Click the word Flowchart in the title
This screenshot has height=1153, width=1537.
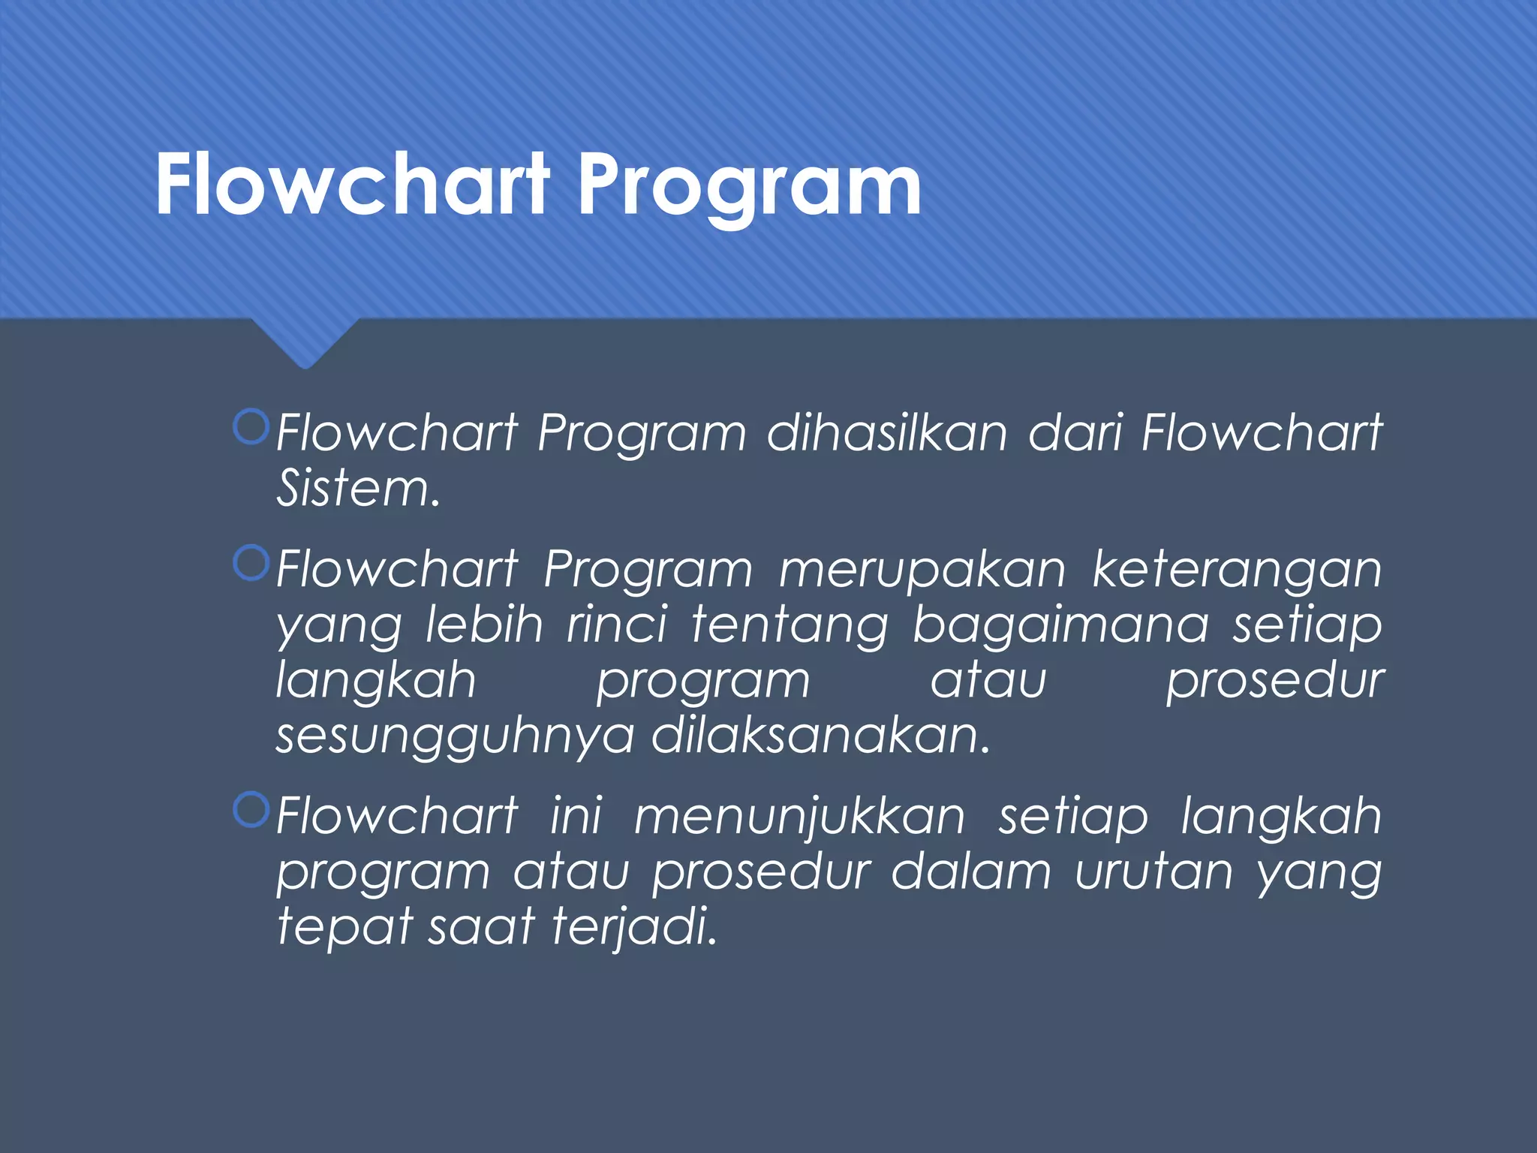click(353, 184)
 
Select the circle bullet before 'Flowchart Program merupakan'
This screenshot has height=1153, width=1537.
click(251, 563)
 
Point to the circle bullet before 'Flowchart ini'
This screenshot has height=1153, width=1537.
click(251, 810)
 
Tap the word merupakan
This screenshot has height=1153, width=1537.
click(922, 570)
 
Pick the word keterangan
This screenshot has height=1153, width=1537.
click(1236, 570)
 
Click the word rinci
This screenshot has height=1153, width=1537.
click(616, 625)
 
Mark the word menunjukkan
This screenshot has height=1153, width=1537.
click(800, 817)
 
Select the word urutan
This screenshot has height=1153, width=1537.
click(1154, 872)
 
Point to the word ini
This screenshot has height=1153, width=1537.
click(576, 816)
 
